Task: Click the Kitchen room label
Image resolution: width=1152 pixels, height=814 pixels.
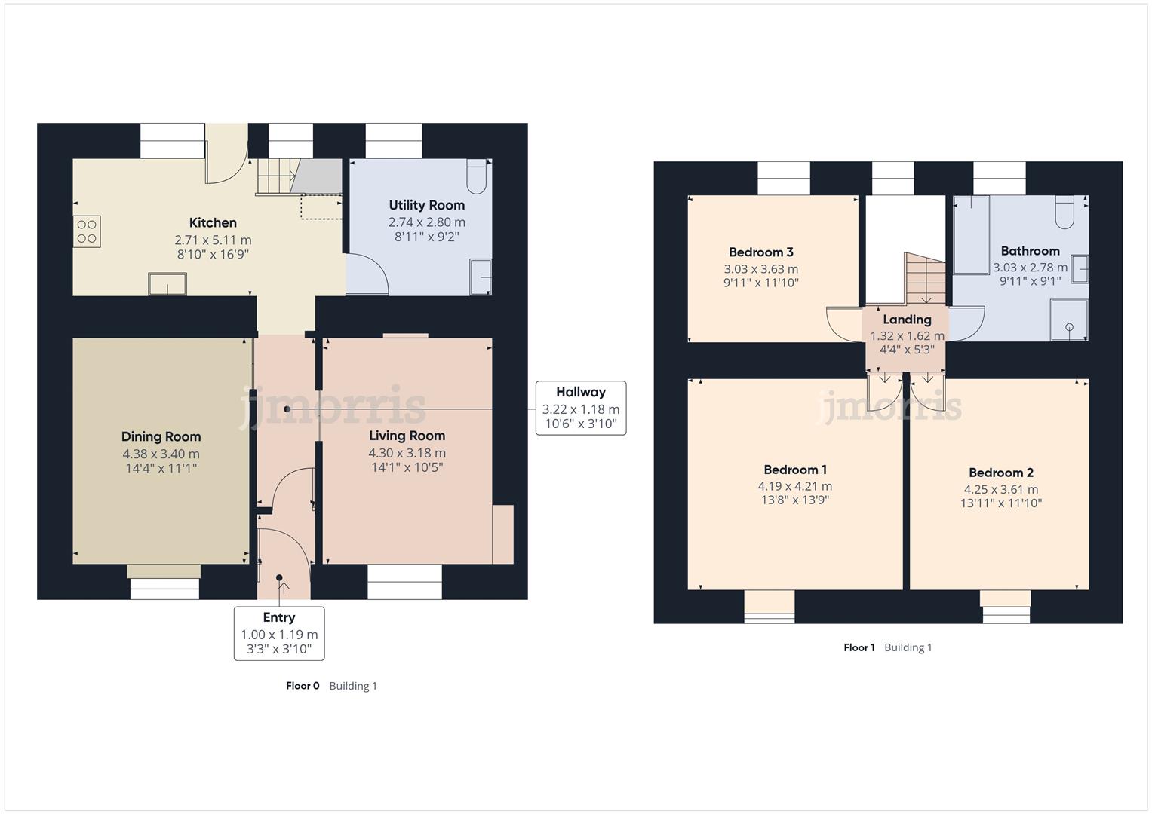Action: [x=213, y=222]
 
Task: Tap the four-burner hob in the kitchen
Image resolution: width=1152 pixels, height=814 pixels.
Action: [x=87, y=231]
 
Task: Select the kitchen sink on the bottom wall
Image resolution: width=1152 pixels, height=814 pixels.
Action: [x=167, y=284]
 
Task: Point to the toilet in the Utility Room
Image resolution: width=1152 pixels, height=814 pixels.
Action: [x=477, y=176]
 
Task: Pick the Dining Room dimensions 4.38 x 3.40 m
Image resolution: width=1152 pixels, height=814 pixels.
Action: [x=161, y=454]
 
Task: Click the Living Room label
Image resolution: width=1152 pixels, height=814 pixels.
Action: [x=407, y=436]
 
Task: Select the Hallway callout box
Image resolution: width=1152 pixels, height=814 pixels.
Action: [x=580, y=408]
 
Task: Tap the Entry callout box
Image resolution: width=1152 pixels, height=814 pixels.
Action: [x=279, y=633]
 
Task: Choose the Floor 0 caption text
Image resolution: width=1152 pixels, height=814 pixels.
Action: [x=303, y=686]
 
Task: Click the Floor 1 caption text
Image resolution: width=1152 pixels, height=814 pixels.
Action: [x=859, y=647]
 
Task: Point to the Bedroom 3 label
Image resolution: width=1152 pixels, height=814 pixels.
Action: [x=760, y=252]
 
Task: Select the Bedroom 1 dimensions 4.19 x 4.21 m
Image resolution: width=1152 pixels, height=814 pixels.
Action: [x=794, y=486]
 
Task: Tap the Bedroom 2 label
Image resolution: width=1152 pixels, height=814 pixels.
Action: [x=1000, y=473]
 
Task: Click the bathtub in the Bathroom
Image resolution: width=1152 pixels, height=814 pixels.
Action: [x=971, y=236]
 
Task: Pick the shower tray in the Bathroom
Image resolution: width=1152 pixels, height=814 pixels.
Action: [x=1069, y=320]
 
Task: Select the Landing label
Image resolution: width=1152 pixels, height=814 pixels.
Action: [x=907, y=320]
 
